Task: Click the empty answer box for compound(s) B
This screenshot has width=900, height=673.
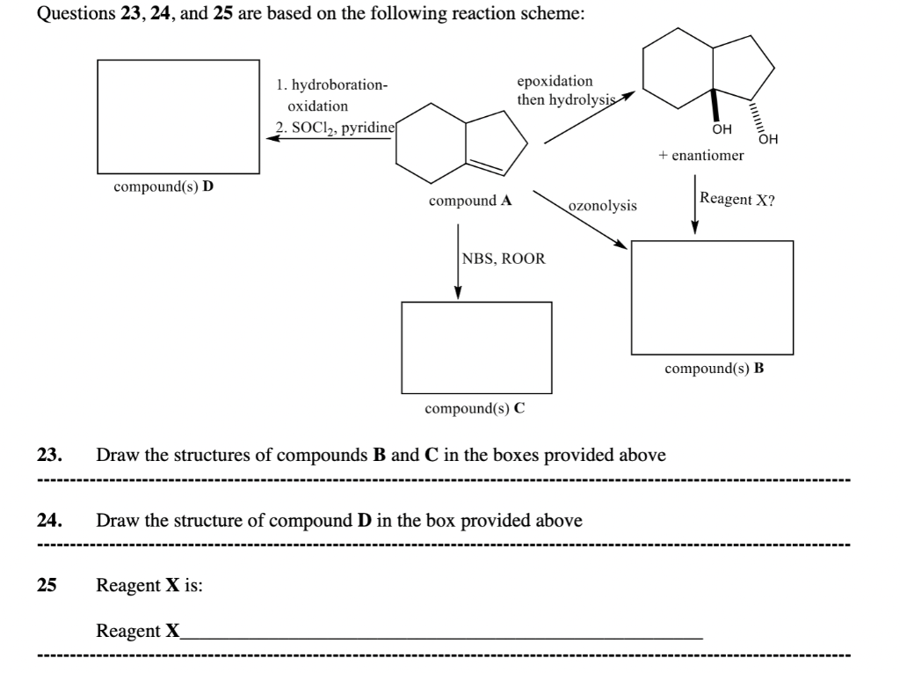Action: (712, 296)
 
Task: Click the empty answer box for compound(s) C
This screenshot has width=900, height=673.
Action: (476, 347)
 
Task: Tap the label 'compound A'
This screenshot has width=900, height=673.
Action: (471, 201)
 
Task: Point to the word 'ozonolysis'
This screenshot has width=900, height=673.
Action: (603, 206)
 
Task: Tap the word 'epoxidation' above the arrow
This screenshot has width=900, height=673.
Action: (555, 81)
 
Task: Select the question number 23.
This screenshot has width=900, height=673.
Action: (48, 456)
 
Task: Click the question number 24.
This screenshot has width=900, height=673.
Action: (48, 521)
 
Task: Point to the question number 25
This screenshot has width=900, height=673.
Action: (47, 585)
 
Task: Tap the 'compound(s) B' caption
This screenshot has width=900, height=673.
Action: (714, 369)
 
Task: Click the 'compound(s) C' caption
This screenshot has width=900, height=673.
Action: (475, 408)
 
